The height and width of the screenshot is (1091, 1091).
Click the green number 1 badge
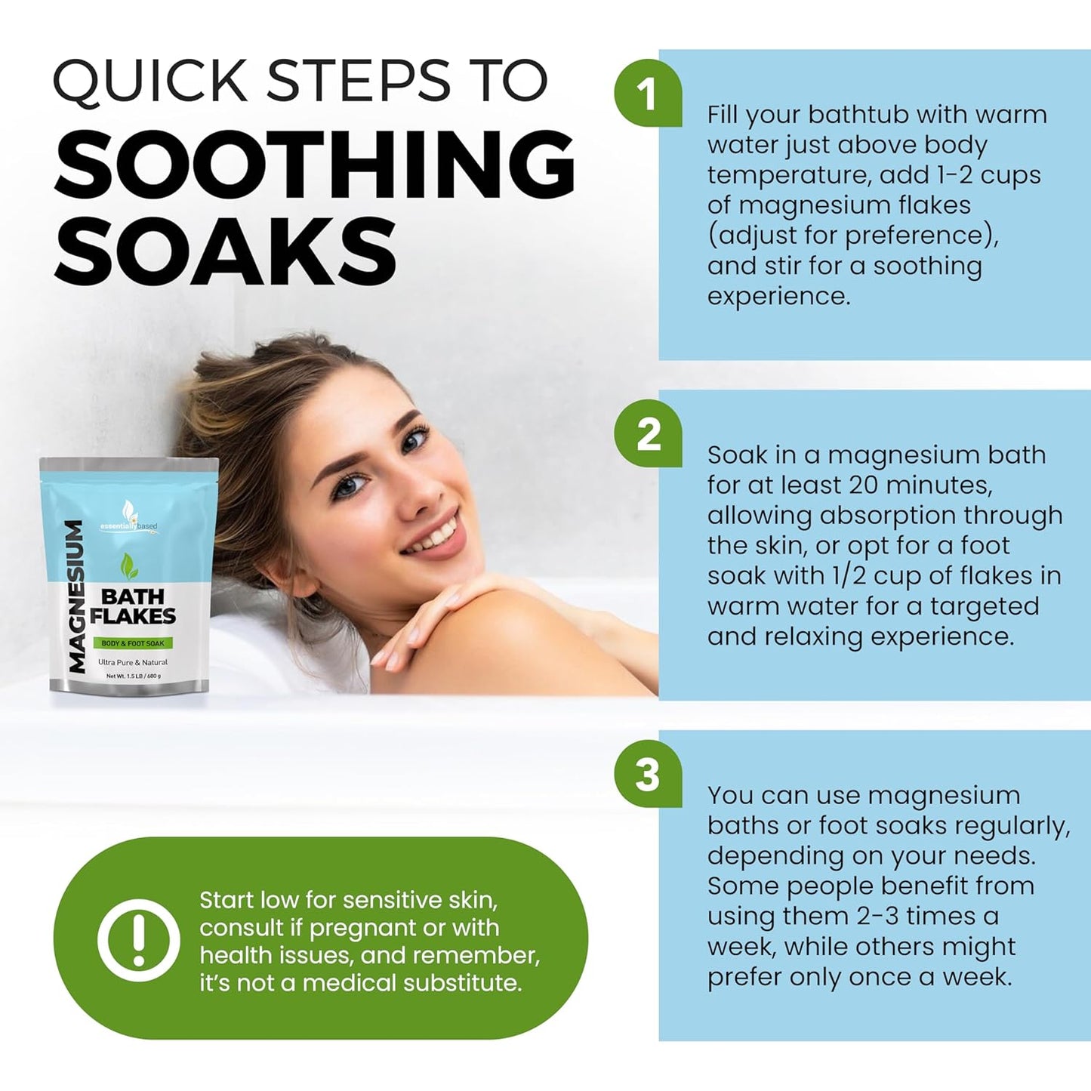click(x=649, y=93)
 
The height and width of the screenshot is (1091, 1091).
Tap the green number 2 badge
click(x=649, y=433)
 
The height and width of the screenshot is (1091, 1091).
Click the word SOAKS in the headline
click(x=225, y=250)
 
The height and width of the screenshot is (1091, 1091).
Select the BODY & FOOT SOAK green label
click(x=133, y=643)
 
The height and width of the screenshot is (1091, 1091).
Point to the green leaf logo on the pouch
click(x=129, y=566)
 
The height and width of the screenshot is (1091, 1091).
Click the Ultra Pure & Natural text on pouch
click(x=133, y=662)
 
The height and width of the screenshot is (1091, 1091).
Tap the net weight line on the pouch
click(x=134, y=676)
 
